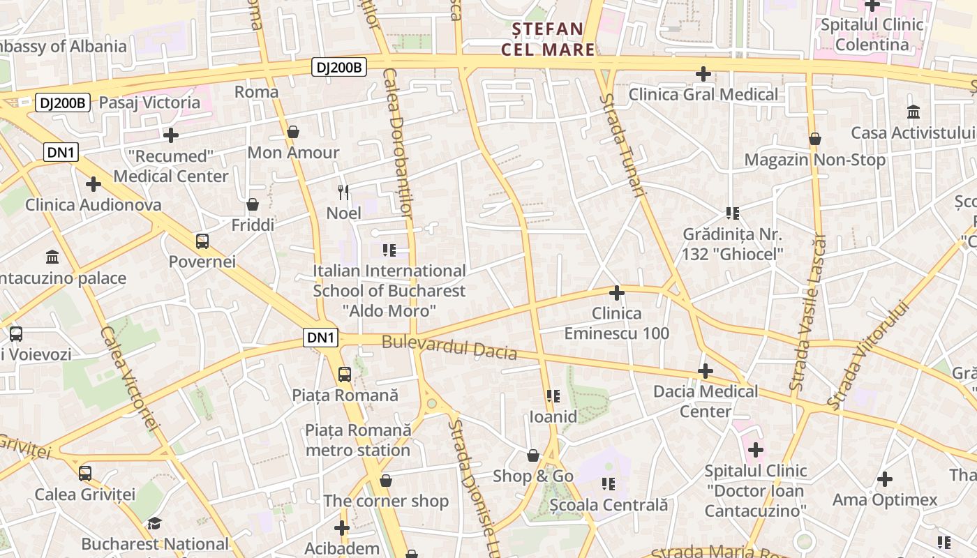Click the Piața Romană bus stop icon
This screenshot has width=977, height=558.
[345, 375]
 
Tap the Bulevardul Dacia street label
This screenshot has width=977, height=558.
[449, 347]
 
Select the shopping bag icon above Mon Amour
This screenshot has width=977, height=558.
[293, 132]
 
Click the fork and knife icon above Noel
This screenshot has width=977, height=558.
[343, 192]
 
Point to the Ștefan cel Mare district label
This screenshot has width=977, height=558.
[549, 39]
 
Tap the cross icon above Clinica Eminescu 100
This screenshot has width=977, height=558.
[616, 293]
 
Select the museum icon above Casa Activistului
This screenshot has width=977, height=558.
[913, 112]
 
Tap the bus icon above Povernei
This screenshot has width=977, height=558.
[202, 241]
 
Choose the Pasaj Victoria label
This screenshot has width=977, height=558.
[149, 103]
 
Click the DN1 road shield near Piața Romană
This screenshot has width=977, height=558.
[321, 338]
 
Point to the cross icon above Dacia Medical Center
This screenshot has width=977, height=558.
[705, 371]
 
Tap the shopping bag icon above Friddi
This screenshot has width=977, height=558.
[253, 204]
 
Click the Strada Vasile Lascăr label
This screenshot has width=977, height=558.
[807, 312]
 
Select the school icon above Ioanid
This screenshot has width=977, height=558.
[553, 396]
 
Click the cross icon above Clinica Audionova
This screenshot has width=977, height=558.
[93, 184]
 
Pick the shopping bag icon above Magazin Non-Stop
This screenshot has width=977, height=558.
[814, 139]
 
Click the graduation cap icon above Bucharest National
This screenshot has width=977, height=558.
[154, 523]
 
